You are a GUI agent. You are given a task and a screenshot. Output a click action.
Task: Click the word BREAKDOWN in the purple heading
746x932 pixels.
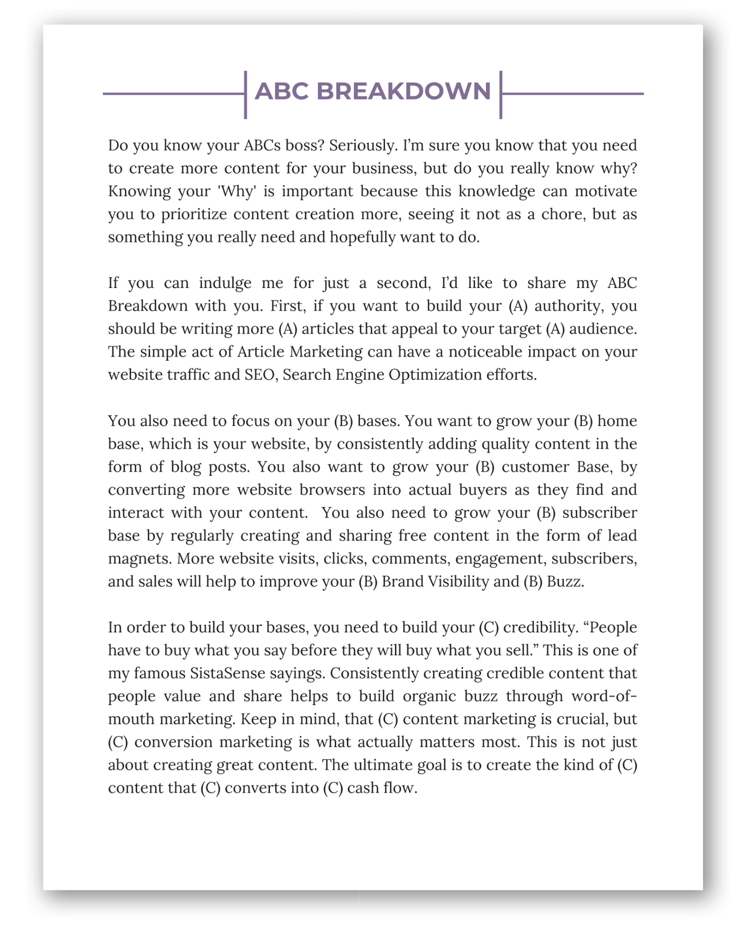click(x=403, y=91)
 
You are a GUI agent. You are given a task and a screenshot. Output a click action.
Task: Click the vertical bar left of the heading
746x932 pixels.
click(x=245, y=95)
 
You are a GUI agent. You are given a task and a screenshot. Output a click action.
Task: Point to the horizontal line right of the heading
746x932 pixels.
click(x=573, y=94)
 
